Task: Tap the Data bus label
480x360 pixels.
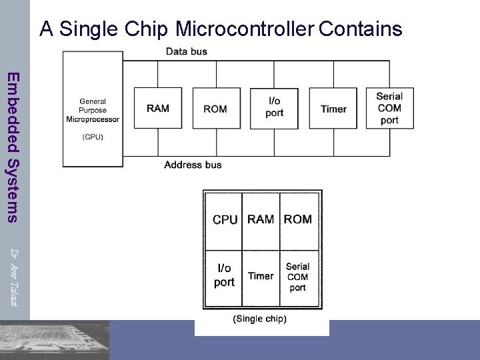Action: [186, 51]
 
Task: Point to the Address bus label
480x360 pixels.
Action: [193, 165]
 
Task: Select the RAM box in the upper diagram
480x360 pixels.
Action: [158, 108]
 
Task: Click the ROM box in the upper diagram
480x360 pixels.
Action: [215, 108]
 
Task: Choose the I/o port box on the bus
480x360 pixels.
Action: [274, 108]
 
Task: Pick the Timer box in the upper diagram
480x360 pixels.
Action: [333, 108]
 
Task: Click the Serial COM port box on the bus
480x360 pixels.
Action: [389, 108]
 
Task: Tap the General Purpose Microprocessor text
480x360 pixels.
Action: [93, 111]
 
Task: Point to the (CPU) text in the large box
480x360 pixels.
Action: [93, 137]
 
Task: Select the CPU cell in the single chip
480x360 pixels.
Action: [225, 219]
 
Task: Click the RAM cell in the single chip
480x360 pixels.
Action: [261, 219]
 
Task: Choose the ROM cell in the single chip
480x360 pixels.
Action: [297, 219]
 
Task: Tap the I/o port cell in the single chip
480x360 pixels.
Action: [224, 275]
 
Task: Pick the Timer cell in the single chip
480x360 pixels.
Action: [261, 275]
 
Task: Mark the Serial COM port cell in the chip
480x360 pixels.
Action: [297, 277]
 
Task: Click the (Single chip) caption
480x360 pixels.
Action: [259, 319]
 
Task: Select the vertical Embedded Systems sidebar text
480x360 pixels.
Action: [13, 147]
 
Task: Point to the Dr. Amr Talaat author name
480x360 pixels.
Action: [14, 276]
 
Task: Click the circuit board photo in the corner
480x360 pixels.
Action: [55, 340]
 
